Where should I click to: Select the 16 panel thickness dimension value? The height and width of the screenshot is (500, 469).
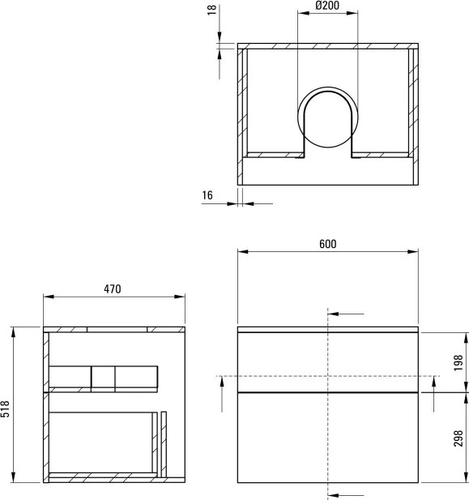click(208, 195)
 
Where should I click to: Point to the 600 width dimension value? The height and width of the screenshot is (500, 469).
click(327, 244)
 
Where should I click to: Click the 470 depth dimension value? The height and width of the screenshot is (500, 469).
click(113, 289)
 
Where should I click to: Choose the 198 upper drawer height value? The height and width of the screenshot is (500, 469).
click(458, 363)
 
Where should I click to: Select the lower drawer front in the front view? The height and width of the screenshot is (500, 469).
click(327, 436)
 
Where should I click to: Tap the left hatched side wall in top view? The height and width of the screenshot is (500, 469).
click(241, 113)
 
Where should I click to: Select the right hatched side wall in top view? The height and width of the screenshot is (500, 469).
click(413, 113)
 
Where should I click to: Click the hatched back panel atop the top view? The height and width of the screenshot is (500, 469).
click(327, 46)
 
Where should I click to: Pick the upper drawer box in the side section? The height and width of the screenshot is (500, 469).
click(103, 378)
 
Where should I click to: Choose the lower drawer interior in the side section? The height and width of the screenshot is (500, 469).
click(101, 442)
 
